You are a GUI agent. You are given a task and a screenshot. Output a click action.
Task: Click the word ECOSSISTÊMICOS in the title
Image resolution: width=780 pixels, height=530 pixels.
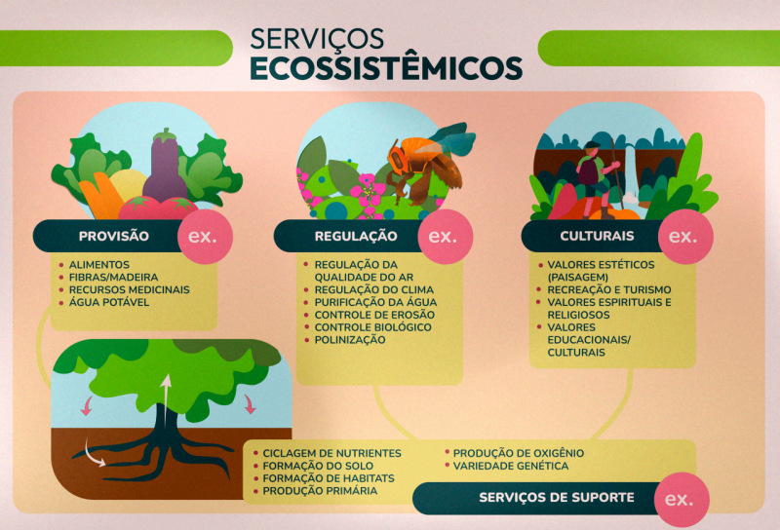tap(386, 67)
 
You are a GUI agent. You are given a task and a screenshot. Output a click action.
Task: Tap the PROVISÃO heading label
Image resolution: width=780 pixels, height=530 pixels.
tap(113, 236)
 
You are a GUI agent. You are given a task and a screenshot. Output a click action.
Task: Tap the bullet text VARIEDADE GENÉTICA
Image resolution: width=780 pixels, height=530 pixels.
tap(510, 466)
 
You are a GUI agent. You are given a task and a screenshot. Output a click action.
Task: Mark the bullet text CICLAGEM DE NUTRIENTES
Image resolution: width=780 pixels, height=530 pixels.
tap(332, 453)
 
